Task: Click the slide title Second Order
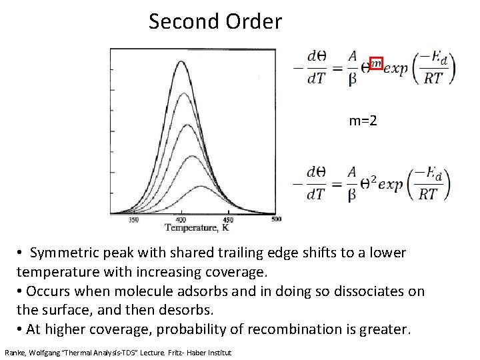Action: click(x=215, y=21)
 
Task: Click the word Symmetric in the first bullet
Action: click(x=65, y=254)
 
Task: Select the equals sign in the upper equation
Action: click(x=333, y=67)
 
